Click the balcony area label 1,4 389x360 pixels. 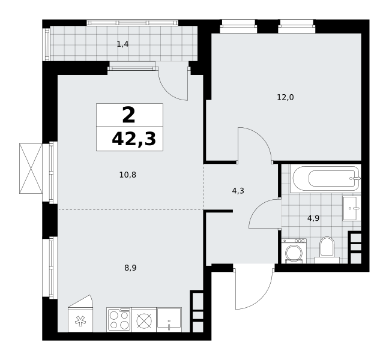pos(122,44)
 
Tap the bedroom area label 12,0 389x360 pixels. pos(285,97)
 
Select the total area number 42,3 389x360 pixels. pos(134,139)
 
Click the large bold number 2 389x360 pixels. pos(128,115)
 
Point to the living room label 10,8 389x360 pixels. pos(128,175)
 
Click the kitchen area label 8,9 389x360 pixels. pos(130,268)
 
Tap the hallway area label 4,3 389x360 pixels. pos(238,191)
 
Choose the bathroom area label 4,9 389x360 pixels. pos(313,218)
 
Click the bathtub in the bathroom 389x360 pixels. pos(325,178)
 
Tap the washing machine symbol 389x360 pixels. pos(294,251)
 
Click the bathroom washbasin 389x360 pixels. pos(352,208)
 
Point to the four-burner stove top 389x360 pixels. pos(119,320)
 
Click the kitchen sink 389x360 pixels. pos(169,320)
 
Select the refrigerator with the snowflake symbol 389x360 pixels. pos(80,319)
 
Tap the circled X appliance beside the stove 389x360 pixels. pos(144,320)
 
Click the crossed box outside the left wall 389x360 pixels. pos(31,169)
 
